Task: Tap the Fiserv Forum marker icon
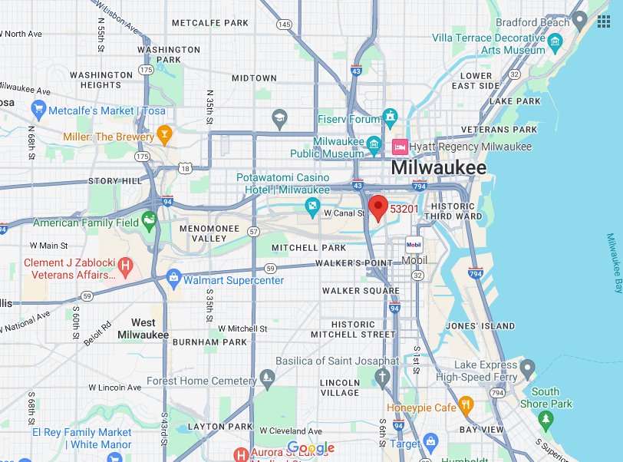coord(391,118)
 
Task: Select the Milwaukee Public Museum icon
coord(374,144)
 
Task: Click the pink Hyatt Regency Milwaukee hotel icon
coord(400,146)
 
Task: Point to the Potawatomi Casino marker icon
coord(312,205)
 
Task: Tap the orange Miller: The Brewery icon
coord(163,136)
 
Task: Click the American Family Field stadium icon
coord(149,223)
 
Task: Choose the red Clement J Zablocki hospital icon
coord(126,267)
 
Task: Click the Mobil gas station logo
coord(414,245)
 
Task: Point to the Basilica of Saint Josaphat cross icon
coord(383,377)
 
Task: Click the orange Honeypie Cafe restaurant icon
coord(465,406)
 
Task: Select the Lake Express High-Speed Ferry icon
coord(527,371)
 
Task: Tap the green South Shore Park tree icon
coord(546,419)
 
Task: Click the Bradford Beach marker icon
coord(581,21)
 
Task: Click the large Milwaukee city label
coord(438,168)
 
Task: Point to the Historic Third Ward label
coord(458,211)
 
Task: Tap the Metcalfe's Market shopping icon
coord(38,110)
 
